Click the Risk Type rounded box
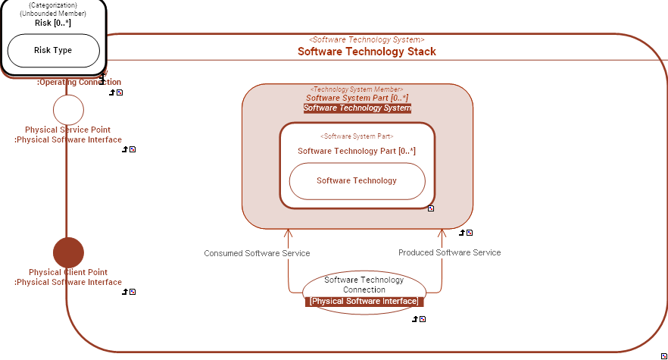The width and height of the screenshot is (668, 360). tap(53, 50)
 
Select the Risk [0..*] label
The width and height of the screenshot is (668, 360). tap(53, 23)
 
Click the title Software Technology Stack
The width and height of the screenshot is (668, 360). tap(367, 52)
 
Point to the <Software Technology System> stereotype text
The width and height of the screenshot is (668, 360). tap(367, 39)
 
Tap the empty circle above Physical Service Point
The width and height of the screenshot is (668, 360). tap(68, 110)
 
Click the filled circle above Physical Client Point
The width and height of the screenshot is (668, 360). tap(68, 252)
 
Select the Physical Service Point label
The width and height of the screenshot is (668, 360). tap(67, 130)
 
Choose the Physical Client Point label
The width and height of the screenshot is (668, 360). tap(68, 272)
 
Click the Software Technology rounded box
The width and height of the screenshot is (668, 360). tap(357, 180)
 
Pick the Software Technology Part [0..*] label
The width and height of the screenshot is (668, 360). tap(357, 151)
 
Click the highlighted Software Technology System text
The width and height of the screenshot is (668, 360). tap(357, 108)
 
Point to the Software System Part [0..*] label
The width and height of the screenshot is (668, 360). tap(357, 98)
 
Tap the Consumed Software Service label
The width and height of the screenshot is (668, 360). tap(257, 253)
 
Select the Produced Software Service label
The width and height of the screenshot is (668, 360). tap(449, 252)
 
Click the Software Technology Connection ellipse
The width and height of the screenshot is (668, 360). tap(364, 284)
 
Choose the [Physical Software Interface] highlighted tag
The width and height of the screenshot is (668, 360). tap(364, 301)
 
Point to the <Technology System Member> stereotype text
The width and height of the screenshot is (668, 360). tap(357, 89)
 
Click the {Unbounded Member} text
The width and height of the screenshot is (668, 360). tap(53, 14)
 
